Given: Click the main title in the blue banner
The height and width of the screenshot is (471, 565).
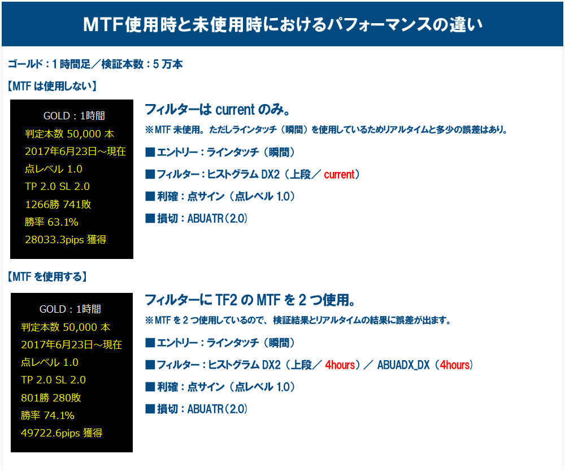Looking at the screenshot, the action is coord(282,24).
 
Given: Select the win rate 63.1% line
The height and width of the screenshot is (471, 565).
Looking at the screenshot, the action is coord(51,222).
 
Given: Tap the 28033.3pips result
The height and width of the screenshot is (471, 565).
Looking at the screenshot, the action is coord(66,240).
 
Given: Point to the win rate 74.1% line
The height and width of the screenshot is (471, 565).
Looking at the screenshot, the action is coord(47,415).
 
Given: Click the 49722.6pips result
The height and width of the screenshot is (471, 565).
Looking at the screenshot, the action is coord(62,433).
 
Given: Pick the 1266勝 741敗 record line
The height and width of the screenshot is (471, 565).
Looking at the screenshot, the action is coord(58,205).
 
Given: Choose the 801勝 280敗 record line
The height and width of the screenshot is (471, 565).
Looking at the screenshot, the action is coord(51,398).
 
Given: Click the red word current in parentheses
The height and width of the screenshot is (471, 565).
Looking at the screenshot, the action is coord(339,175).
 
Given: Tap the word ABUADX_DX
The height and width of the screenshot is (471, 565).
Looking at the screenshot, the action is coord(403,365).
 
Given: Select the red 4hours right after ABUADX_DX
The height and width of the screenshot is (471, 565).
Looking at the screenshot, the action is coord(455,365).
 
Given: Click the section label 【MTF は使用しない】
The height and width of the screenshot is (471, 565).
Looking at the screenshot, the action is coord(52,86).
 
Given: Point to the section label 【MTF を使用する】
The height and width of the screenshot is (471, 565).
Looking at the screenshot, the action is coord(47,276).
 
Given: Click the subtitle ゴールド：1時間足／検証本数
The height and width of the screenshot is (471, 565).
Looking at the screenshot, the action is coord(95,64).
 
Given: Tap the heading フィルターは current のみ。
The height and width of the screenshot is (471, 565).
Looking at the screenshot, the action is coord(218,109).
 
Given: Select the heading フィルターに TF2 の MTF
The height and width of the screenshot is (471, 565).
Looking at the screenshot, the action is coord(250,300).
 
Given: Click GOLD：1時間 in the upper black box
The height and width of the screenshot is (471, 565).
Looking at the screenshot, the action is coord(74,116).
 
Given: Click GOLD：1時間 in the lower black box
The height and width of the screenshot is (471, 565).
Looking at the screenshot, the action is coord(70,309).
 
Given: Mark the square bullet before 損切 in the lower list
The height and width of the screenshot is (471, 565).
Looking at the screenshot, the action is coord(150,409).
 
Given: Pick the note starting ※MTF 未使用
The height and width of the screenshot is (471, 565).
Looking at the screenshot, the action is coord(326,129).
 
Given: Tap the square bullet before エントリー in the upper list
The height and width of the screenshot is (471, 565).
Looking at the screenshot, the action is coord(150,152).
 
